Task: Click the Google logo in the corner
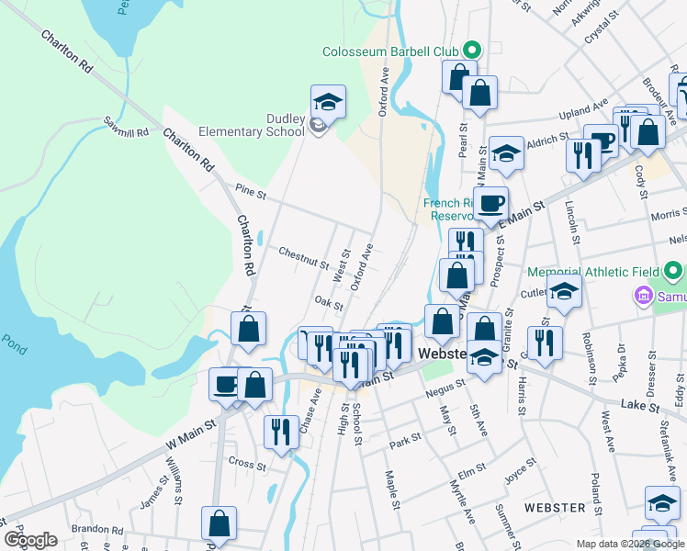30,540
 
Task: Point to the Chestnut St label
304,256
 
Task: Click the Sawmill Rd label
126,127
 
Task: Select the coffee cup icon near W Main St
224,383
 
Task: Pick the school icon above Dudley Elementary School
328,100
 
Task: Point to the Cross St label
246,466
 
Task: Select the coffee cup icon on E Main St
490,202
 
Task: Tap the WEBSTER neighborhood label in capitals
555,508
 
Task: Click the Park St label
405,439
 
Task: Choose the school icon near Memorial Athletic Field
564,292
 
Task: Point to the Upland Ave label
584,111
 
